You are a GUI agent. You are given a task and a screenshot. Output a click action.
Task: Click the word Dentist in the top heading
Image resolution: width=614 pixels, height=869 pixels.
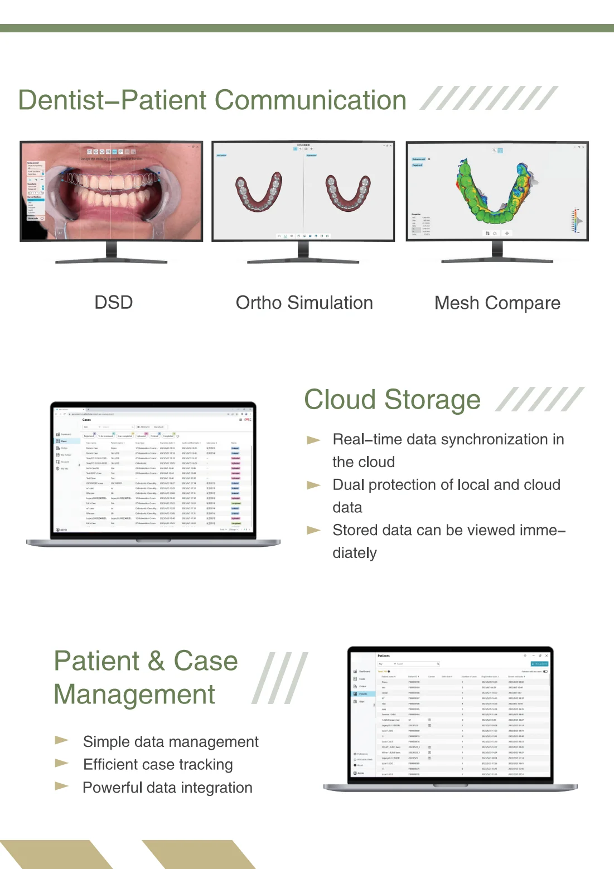pyautogui.click(x=61, y=101)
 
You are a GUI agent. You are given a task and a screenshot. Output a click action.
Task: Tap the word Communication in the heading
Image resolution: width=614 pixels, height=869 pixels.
pyautogui.click(x=310, y=101)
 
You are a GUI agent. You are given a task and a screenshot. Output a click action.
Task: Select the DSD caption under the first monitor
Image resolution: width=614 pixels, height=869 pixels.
pyautogui.click(x=114, y=303)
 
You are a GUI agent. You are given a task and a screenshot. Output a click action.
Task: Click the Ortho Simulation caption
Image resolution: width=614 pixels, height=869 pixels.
pyautogui.click(x=304, y=303)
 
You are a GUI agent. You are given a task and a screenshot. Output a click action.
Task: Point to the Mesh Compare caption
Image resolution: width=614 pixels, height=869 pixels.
pyautogui.click(x=497, y=303)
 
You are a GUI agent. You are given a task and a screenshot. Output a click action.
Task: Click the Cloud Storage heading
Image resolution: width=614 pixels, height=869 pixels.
pyautogui.click(x=392, y=400)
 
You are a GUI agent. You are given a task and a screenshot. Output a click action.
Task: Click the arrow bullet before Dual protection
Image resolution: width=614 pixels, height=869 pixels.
pyautogui.click(x=314, y=486)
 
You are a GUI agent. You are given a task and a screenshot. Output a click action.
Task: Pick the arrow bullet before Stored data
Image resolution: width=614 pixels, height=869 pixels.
pyautogui.click(x=314, y=531)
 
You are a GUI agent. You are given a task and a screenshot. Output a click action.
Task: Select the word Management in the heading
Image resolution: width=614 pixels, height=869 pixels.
pyautogui.click(x=134, y=695)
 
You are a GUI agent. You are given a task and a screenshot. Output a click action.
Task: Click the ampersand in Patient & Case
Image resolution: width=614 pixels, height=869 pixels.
pyautogui.click(x=156, y=661)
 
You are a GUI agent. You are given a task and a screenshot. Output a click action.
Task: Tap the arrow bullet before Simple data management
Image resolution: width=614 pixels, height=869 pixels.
pyautogui.click(x=62, y=740)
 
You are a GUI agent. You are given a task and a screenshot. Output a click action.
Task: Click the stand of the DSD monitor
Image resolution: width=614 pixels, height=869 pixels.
pyautogui.click(x=112, y=252)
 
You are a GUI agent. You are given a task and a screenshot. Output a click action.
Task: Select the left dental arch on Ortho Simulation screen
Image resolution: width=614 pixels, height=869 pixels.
pyautogui.click(x=258, y=192)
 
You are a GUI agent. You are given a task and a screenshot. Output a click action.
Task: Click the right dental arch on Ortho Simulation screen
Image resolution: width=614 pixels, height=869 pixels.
pyautogui.click(x=349, y=193)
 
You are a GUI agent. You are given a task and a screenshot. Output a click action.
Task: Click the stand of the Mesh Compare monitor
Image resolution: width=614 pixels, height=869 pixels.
pyautogui.click(x=497, y=252)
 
